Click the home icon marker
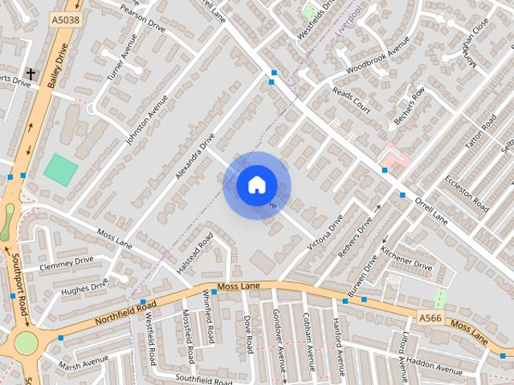(256, 185)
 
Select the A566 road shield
(431, 318)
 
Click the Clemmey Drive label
(66, 262)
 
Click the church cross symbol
(31, 74)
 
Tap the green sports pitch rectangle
(60, 170)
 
